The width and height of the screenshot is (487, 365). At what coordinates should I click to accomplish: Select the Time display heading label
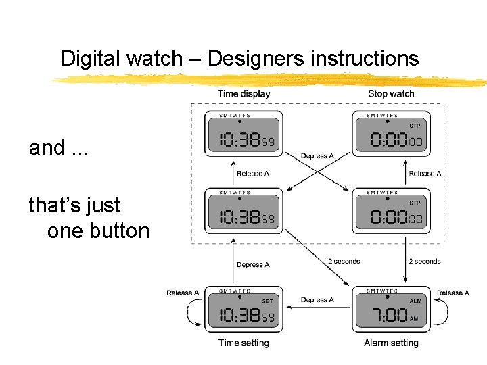click(x=243, y=93)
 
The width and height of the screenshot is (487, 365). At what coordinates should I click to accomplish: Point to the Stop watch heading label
click(x=391, y=93)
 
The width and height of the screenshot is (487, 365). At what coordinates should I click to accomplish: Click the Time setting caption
click(x=243, y=343)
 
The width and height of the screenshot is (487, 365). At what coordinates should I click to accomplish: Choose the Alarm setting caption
click(x=391, y=343)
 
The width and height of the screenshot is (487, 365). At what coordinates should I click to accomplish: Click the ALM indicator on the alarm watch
click(x=415, y=301)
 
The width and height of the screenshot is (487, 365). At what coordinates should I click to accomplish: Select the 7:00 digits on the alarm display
click(x=389, y=315)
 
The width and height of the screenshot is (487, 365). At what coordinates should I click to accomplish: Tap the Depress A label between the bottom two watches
click(x=317, y=300)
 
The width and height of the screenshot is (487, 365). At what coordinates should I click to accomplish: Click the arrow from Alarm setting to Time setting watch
click(x=317, y=308)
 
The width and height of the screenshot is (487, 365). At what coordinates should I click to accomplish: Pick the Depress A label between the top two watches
click(x=317, y=156)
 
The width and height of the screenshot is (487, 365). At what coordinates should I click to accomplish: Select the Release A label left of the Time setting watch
click(x=183, y=293)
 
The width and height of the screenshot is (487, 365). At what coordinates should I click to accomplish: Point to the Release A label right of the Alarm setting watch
click(x=453, y=293)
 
